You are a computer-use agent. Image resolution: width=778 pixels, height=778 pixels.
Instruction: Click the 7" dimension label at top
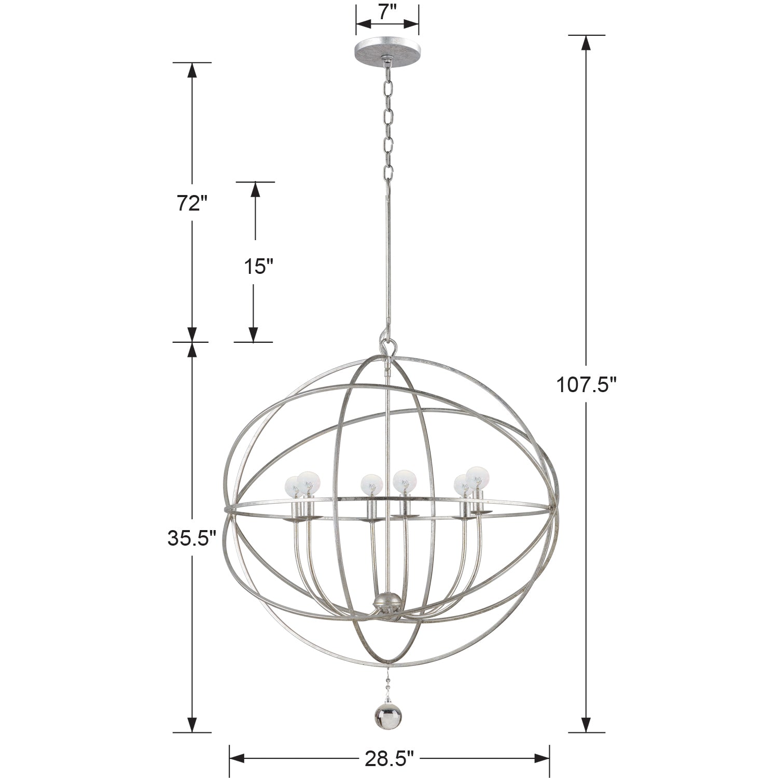click(x=387, y=11)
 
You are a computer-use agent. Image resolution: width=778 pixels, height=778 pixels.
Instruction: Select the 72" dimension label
click(x=188, y=204)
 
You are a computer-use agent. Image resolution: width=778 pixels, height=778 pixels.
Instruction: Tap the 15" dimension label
click(x=258, y=267)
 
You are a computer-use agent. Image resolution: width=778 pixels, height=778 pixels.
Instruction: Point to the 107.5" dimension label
click(x=586, y=385)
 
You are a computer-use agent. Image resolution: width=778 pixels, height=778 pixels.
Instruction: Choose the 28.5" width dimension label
click(x=389, y=759)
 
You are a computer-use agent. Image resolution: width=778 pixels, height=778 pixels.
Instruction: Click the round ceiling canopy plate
click(x=387, y=51)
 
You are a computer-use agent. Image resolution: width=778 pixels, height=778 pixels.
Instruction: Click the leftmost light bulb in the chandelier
click(x=294, y=486)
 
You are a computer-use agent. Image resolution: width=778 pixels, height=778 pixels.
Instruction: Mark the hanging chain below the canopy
click(x=387, y=124)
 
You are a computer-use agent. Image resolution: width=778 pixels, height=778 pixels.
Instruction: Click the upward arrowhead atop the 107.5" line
click(x=586, y=43)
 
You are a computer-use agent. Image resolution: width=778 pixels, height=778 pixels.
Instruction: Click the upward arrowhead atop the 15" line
click(x=255, y=190)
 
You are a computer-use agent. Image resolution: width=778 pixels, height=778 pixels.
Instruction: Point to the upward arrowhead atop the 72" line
click(x=192, y=70)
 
